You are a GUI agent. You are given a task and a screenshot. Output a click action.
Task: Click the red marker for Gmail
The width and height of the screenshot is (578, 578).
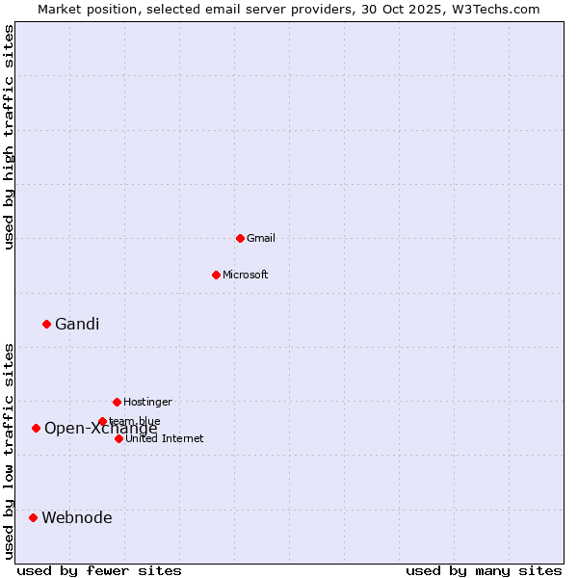tap(240, 238)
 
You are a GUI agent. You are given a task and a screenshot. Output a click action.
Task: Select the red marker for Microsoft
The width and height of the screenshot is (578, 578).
tap(216, 275)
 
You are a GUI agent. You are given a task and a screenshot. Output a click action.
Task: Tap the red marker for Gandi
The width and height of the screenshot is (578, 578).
tap(46, 324)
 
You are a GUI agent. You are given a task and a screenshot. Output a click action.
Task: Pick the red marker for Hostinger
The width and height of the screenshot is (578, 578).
tap(117, 402)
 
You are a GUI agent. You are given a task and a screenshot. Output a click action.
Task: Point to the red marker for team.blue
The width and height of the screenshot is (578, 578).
tap(102, 421)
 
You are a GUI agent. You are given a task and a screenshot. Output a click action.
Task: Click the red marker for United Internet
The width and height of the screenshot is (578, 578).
tap(118, 438)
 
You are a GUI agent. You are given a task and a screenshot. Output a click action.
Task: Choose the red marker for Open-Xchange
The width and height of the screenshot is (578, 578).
tap(36, 428)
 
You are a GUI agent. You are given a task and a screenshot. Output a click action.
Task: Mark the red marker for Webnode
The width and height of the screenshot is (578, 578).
tap(33, 517)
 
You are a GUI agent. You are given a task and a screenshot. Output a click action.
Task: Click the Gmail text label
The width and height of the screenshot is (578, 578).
tap(261, 238)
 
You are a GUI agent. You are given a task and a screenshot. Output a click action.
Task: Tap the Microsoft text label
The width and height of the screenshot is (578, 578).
tap(246, 275)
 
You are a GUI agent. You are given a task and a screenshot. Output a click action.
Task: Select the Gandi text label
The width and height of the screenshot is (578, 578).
tap(77, 324)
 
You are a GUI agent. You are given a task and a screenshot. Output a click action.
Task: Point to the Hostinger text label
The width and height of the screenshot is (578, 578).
tap(147, 402)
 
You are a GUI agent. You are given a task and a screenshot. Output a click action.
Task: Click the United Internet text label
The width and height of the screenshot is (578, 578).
tap(165, 438)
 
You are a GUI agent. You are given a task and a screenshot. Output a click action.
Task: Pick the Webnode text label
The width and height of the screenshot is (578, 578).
tap(77, 517)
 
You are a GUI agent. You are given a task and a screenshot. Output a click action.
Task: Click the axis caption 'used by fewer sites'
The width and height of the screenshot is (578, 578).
tap(99, 570)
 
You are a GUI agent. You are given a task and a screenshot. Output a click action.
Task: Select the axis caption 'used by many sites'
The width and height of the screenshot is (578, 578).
tap(484, 570)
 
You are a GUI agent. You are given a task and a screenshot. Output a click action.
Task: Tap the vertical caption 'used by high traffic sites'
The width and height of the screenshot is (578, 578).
tap(9, 137)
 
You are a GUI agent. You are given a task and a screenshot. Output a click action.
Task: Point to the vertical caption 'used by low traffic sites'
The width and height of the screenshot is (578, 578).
tap(9, 451)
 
